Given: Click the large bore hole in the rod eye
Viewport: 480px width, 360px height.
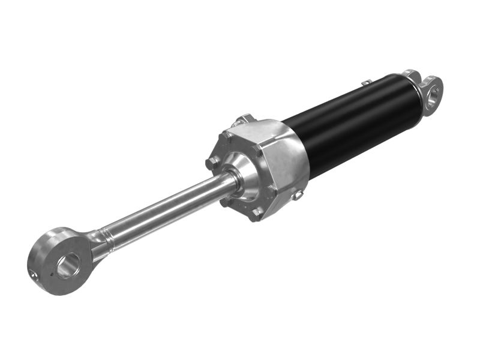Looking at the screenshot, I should (68, 264).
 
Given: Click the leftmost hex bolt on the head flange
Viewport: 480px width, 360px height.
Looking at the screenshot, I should (211, 163).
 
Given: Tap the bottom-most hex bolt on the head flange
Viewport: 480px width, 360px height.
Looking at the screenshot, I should (256, 213).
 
